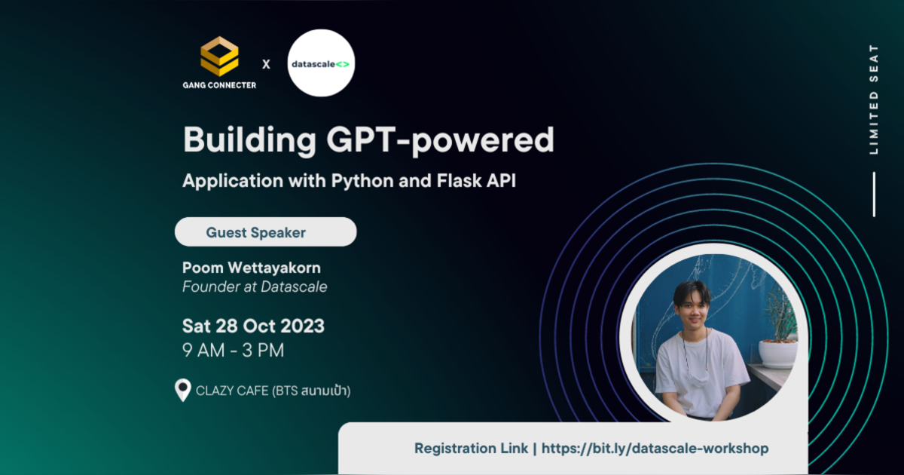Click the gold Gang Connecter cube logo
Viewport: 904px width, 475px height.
click(219, 57)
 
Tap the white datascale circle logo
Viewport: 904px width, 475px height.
click(322, 63)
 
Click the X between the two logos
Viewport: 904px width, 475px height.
click(266, 64)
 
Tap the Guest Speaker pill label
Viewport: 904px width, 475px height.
click(256, 232)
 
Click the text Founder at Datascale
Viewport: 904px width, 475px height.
click(255, 287)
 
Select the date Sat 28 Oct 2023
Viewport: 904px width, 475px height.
click(253, 326)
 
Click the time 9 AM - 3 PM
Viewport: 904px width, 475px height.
click(234, 351)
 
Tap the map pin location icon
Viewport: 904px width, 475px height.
click(182, 390)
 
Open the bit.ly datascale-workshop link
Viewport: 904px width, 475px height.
click(655, 448)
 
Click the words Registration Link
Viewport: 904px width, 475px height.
click(471, 448)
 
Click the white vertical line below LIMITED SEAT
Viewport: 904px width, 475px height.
click(874, 195)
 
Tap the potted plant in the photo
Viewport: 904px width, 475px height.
click(779, 332)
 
